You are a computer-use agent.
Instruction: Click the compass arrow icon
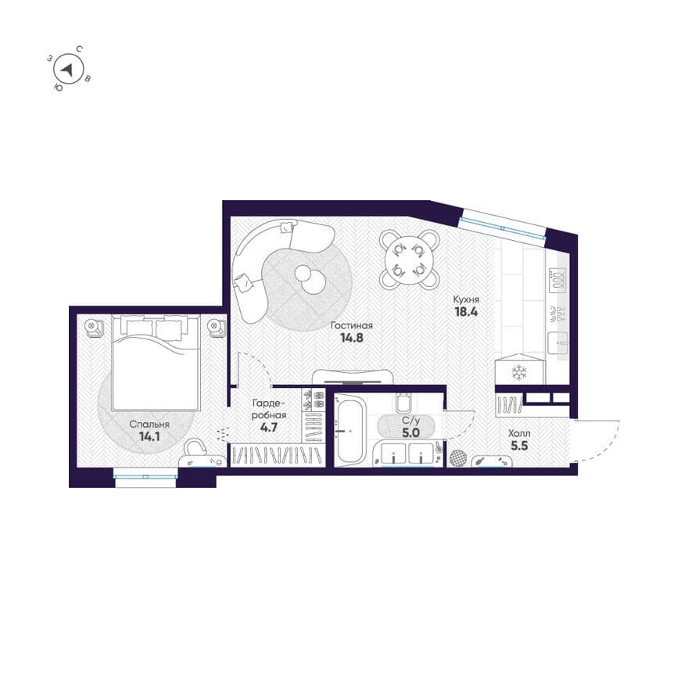tap(67, 70)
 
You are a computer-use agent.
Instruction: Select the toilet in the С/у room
tap(403, 403)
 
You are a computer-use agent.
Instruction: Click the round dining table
tap(410, 260)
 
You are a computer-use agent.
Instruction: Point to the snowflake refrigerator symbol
tap(519, 372)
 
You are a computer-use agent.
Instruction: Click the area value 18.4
tap(465, 312)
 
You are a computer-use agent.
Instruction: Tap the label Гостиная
tap(352, 326)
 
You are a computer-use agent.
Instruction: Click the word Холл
tap(519, 433)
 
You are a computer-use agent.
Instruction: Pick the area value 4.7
tap(268, 427)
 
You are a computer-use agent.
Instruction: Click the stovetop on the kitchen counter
tap(557, 278)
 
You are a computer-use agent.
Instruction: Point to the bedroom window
tap(145, 477)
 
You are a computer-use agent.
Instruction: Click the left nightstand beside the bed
tap(94, 327)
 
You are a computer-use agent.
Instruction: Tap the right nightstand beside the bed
tap(216, 328)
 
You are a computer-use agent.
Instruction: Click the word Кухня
tap(466, 299)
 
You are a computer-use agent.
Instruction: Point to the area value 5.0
tap(410, 432)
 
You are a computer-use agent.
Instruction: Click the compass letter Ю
tap(58, 88)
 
